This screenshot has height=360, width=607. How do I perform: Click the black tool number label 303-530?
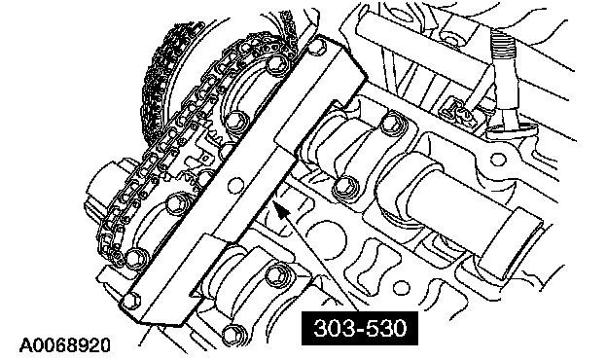[x=360, y=328]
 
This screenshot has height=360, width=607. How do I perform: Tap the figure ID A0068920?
[x=65, y=344]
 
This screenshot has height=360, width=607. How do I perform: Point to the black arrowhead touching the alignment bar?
[x=281, y=209]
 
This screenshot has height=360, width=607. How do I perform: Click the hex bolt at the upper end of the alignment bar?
[x=317, y=46]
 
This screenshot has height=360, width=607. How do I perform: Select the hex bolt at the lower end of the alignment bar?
[x=131, y=300]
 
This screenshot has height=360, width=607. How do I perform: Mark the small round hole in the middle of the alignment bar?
[x=234, y=186]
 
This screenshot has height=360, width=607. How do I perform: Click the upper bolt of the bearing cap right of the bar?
[x=391, y=124]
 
